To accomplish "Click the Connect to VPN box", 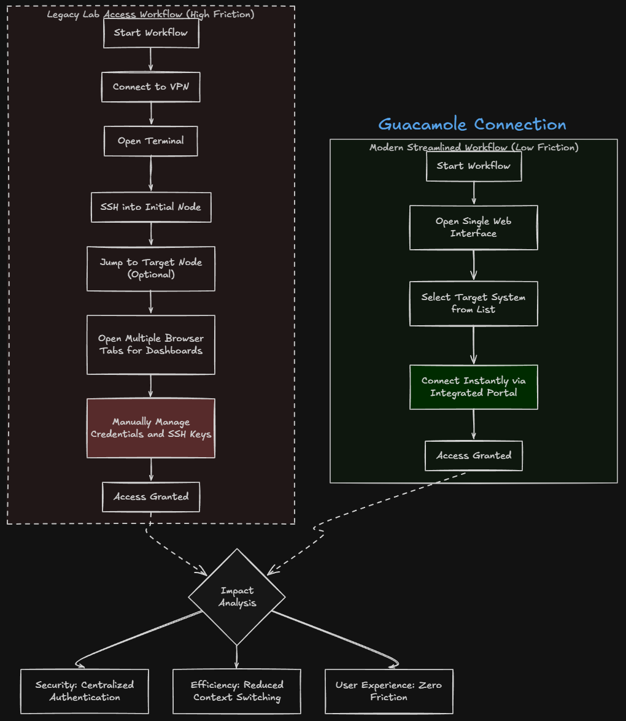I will pos(151,87).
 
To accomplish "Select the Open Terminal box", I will pos(151,141).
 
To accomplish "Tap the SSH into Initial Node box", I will pos(151,207).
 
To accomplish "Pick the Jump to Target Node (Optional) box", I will pos(151,269).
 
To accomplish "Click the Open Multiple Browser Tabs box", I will pos(151,345).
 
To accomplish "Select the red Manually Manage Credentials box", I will pos(151,428).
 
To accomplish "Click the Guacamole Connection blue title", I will pos(473,125).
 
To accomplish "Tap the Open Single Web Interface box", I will pos(474,228).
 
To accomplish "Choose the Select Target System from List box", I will pos(474,304).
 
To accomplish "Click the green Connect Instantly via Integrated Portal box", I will pos(474,387).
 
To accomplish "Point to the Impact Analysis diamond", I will pos(237,597).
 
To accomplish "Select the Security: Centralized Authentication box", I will pos(85,692).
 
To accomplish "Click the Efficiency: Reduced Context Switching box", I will pos(237,692).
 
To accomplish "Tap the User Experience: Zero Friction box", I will pos(389,692).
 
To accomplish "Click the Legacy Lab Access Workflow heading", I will pos(151,14).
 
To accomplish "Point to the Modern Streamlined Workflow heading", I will pos(474,147).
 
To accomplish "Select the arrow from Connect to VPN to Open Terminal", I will pos(151,114).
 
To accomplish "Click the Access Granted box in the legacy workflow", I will pos(151,497).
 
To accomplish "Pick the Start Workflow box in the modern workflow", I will pos(474,166).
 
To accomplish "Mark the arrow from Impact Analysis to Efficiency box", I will pos(237,657).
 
